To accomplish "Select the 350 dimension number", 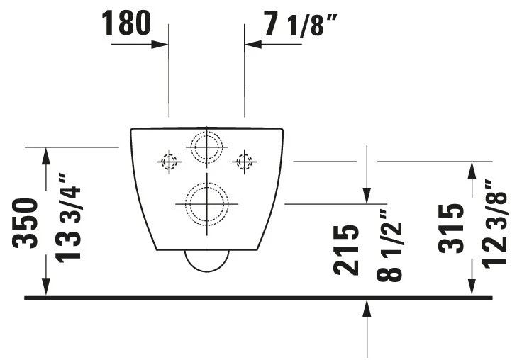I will pyautogui.click(x=26, y=223).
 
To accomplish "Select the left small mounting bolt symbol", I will pyautogui.click(x=168, y=162).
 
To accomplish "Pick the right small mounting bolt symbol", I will pyautogui.click(x=244, y=162).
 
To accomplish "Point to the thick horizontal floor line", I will pyautogui.click(x=258, y=298).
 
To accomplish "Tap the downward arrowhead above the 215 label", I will pyautogui.click(x=367, y=194).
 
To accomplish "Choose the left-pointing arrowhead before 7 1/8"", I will pyautogui.click(x=252, y=45).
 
